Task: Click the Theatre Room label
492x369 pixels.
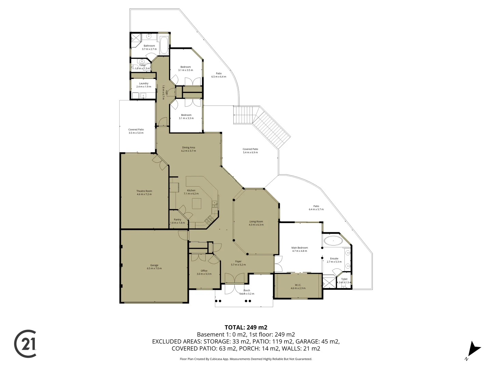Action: click(144, 193)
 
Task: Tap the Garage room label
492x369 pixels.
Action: click(154, 267)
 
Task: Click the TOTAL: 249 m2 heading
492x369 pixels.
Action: click(246, 327)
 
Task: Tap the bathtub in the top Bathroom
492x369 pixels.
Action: click(164, 46)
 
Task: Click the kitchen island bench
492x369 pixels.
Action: click(197, 204)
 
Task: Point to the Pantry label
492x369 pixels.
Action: click(177, 221)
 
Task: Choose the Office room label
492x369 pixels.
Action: click(204, 272)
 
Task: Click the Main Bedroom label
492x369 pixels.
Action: click(300, 249)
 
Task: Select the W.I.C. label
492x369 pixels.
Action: click(298, 286)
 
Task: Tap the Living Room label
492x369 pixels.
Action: click(256, 223)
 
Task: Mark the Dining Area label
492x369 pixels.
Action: click(189, 149)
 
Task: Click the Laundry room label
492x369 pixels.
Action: click(143, 85)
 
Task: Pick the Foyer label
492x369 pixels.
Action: click(238, 263)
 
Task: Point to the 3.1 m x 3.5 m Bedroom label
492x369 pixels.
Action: click(186, 68)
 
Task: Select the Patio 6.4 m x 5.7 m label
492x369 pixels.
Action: click(316, 208)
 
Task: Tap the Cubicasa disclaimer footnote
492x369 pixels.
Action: click(246, 359)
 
